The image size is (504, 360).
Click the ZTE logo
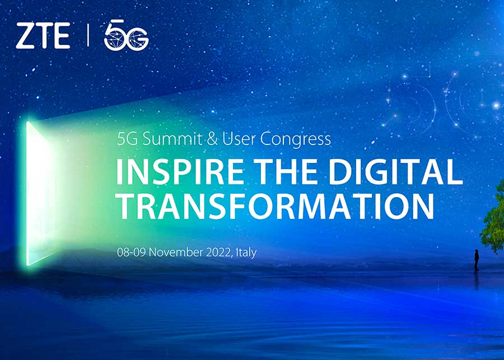click(43, 36)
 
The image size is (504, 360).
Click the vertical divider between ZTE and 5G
click(88, 36)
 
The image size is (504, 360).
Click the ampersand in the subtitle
click(213, 139)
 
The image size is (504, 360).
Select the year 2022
click(215, 253)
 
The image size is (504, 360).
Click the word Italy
click(246, 253)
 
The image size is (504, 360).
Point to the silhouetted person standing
click(477, 260)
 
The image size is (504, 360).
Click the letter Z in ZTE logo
click(25, 36)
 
